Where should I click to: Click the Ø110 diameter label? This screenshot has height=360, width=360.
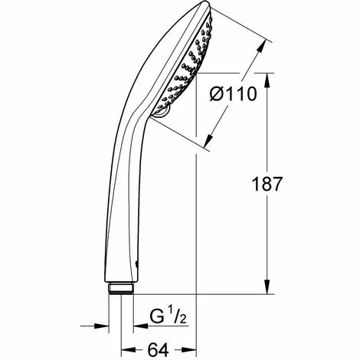pos(233,93)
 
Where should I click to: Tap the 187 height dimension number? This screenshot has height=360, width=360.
pos(267,184)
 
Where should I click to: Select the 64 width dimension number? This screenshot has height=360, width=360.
pos(159,349)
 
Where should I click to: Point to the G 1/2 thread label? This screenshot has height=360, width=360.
pos(168,317)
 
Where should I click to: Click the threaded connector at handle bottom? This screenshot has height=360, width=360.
pos(121,288)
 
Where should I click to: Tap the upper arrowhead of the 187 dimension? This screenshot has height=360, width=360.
pos(267,81)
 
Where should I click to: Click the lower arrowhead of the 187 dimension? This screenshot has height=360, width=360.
pos(267,286)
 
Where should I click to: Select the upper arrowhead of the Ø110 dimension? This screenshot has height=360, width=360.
pos(262,47)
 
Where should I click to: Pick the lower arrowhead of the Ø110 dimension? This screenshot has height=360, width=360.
pos(208,141)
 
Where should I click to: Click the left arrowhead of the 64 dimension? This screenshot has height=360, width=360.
pos(128,349)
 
